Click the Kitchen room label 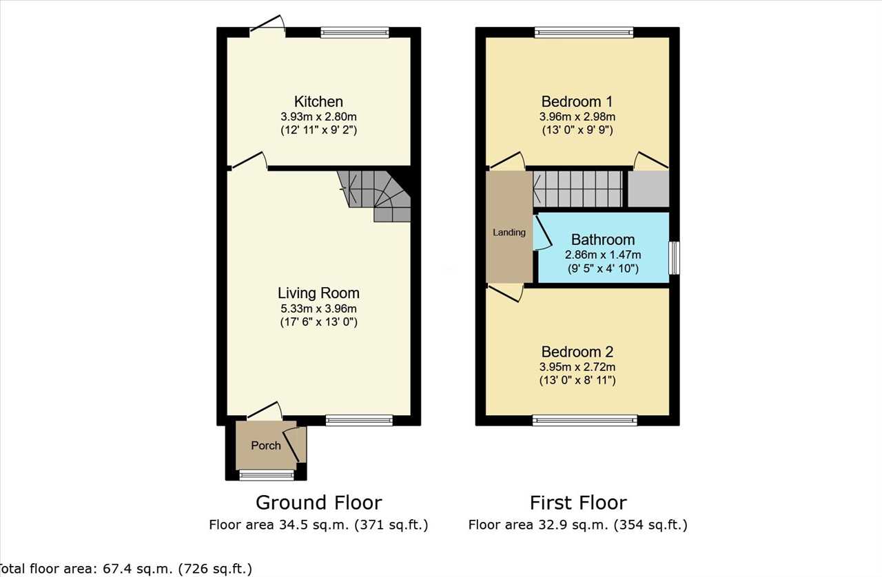coord(318,101)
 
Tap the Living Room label coord(318,293)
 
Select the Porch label coord(266,445)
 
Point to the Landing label coord(509,232)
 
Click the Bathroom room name coord(603,240)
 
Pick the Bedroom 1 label coord(577,101)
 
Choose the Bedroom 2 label coord(577,351)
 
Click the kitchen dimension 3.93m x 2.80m coord(318,117)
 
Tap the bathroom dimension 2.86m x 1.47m coord(603,255)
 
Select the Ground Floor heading coord(319,503)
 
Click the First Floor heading coord(578,503)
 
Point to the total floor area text coord(125,569)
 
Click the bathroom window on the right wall coord(675,258)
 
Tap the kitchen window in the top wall coord(355,32)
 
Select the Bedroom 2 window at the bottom coord(585,420)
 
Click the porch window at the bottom coord(267,476)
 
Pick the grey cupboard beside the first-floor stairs coord(648,189)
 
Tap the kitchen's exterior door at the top coord(267,24)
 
